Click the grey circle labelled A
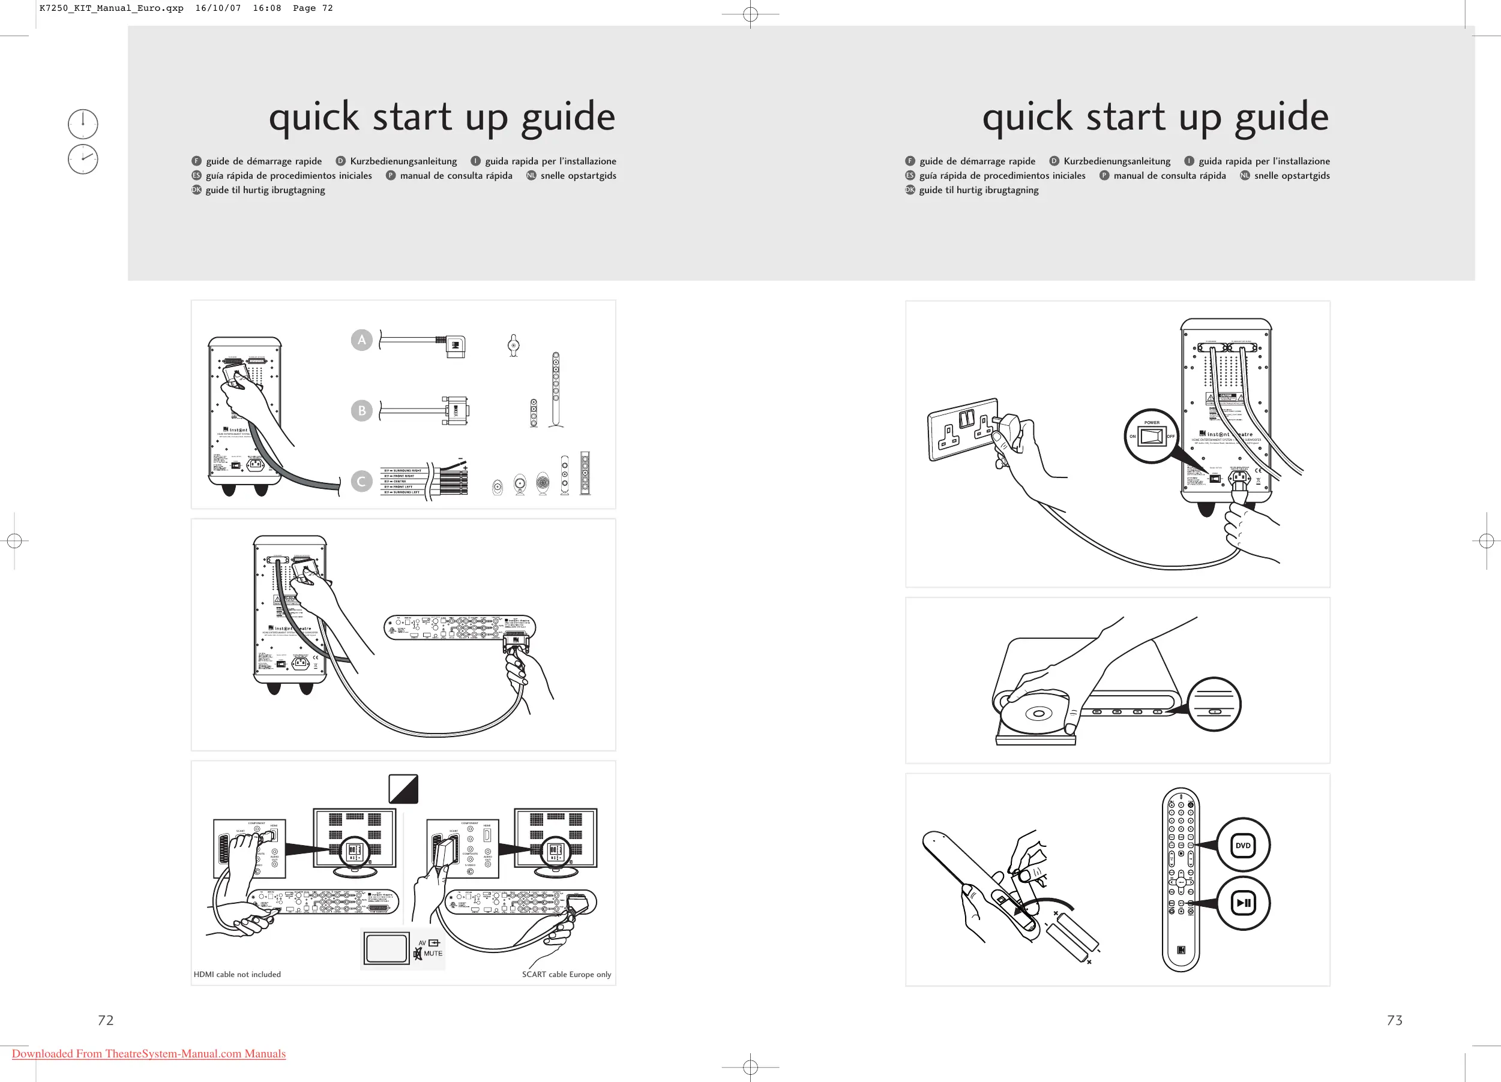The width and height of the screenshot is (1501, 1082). [x=361, y=340]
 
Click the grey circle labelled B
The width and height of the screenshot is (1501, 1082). [x=361, y=411]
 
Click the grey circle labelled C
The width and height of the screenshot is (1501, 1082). [x=361, y=482]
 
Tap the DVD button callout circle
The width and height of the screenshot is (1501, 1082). [x=1243, y=845]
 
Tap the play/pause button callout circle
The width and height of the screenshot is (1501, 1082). [x=1243, y=903]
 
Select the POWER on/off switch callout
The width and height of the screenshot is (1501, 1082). [x=1152, y=436]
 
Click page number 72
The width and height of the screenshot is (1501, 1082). [x=106, y=1020]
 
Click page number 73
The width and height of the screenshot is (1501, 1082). [x=1394, y=1020]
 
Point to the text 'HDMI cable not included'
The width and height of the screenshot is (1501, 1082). [x=237, y=974]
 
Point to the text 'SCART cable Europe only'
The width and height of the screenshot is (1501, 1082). [x=567, y=974]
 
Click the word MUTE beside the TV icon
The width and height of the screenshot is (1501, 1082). [x=433, y=953]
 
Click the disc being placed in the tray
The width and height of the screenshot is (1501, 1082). [x=1037, y=713]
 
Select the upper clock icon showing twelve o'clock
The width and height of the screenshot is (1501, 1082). [x=83, y=124]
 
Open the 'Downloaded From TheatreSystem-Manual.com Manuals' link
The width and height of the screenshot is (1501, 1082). [x=149, y=1054]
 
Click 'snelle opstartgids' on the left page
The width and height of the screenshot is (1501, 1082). [x=578, y=175]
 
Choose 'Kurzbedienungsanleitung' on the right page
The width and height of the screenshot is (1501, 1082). [x=1116, y=161]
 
